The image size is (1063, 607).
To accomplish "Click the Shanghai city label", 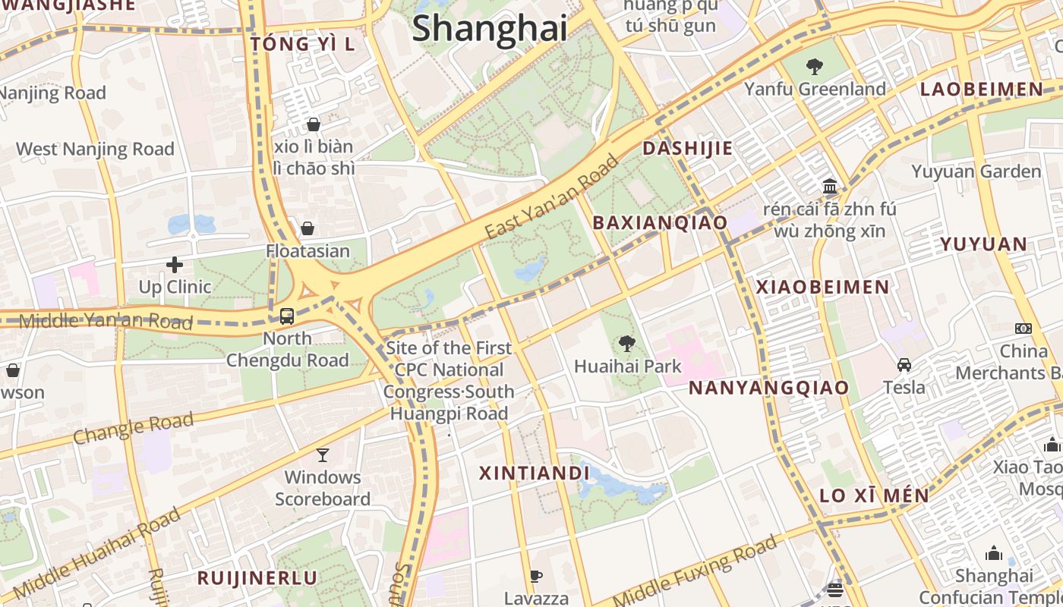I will coord(490,29).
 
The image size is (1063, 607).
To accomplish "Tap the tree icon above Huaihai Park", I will coord(626,344).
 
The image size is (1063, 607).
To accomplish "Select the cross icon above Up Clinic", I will coord(175,265).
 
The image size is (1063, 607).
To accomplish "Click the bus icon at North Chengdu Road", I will coord(287,316).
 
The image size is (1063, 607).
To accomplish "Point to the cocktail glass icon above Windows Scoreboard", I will coord(323,455).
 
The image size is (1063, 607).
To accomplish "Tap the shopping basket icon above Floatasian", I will coord(308,228).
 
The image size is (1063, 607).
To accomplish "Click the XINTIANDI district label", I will coord(535,473).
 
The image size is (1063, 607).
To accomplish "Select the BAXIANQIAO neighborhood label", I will coord(660,223).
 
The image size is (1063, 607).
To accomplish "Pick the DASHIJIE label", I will coord(688,149).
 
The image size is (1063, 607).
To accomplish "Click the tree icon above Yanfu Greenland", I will coord(815,67).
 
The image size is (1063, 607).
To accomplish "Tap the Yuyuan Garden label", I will coord(976,171).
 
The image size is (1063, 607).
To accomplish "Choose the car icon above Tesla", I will coord(904,365).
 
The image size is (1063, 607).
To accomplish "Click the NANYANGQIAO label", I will coord(768,388).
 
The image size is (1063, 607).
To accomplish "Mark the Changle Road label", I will coord(134,429).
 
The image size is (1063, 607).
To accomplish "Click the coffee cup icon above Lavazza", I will coord(536,577).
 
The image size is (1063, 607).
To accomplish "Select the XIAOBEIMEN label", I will coord(822,288).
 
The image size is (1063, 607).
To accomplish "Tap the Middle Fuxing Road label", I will coord(695,571).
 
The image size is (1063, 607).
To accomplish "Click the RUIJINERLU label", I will coord(257,578).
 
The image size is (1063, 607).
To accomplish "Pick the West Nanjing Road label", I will coord(96,149).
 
